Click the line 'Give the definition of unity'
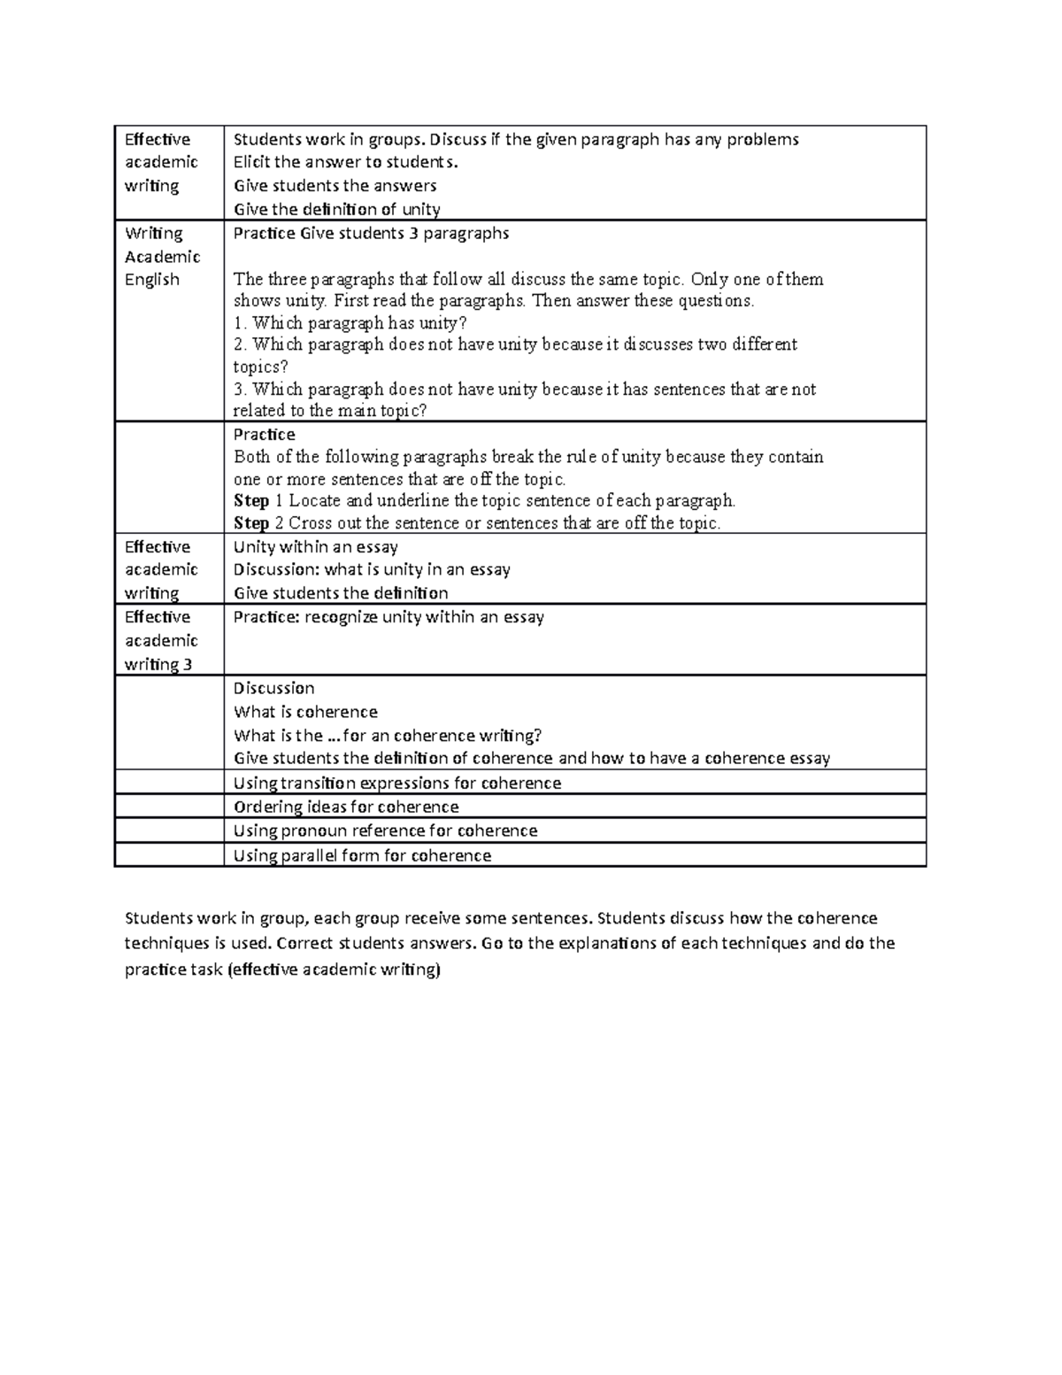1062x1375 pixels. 336,210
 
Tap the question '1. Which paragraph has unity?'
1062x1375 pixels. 349,323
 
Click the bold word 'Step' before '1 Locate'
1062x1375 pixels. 250,501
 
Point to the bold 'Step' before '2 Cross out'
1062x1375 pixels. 250,523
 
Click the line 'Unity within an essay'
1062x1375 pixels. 315,547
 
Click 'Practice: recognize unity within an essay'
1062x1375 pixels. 388,617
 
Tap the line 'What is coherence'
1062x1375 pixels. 305,712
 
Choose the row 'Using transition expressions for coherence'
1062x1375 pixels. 396,783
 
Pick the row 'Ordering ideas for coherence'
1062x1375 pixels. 345,807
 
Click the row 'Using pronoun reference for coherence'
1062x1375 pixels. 385,830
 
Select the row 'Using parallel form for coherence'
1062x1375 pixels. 361,855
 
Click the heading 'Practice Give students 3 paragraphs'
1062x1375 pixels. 371,234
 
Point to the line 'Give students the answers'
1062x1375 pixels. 335,186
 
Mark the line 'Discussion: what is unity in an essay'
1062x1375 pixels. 372,570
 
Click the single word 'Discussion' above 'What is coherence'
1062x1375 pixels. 273,688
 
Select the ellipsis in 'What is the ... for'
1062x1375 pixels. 334,736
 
